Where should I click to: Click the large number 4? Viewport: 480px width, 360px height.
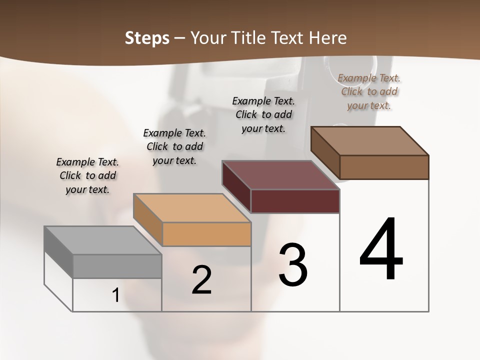pyautogui.click(x=381, y=250)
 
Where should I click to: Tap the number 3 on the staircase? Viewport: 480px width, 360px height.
pyautogui.click(x=293, y=265)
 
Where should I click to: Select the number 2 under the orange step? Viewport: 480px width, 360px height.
pyautogui.click(x=202, y=280)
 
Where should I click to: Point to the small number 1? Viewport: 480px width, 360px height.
pyautogui.click(x=116, y=295)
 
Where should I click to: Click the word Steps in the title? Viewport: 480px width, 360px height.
pyautogui.click(x=147, y=38)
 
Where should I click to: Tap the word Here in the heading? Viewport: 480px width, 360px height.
pyautogui.click(x=328, y=38)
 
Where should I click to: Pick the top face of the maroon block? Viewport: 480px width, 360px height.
pyautogui.click(x=280, y=175)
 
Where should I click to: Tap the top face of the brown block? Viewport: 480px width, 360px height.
pyautogui.click(x=369, y=141)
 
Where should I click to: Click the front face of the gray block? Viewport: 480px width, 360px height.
pyautogui.click(x=117, y=266)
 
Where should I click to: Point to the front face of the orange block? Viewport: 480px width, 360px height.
pyautogui.click(x=206, y=234)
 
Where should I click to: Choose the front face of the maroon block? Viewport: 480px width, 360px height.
pyautogui.click(x=295, y=201)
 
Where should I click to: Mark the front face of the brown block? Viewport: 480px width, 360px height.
pyautogui.click(x=384, y=167)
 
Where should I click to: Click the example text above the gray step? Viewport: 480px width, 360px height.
pyautogui.click(x=87, y=176)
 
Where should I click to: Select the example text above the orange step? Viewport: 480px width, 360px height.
pyautogui.click(x=174, y=146)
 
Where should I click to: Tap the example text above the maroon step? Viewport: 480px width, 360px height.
pyautogui.click(x=263, y=114)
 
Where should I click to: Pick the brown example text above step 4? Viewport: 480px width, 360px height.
pyautogui.click(x=369, y=91)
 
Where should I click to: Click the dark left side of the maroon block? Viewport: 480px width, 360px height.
pyautogui.click(x=236, y=185)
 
